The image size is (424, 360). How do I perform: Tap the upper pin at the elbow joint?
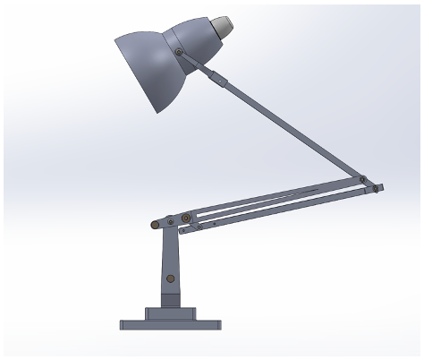pos(362,179)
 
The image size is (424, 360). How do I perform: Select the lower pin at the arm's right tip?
pos(375,189)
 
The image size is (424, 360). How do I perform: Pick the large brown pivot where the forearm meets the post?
pos(185,218)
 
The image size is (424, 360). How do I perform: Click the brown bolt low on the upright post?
pos(170,279)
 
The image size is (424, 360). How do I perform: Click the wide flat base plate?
pos(170,324)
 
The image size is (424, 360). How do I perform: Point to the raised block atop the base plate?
pos(170,313)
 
